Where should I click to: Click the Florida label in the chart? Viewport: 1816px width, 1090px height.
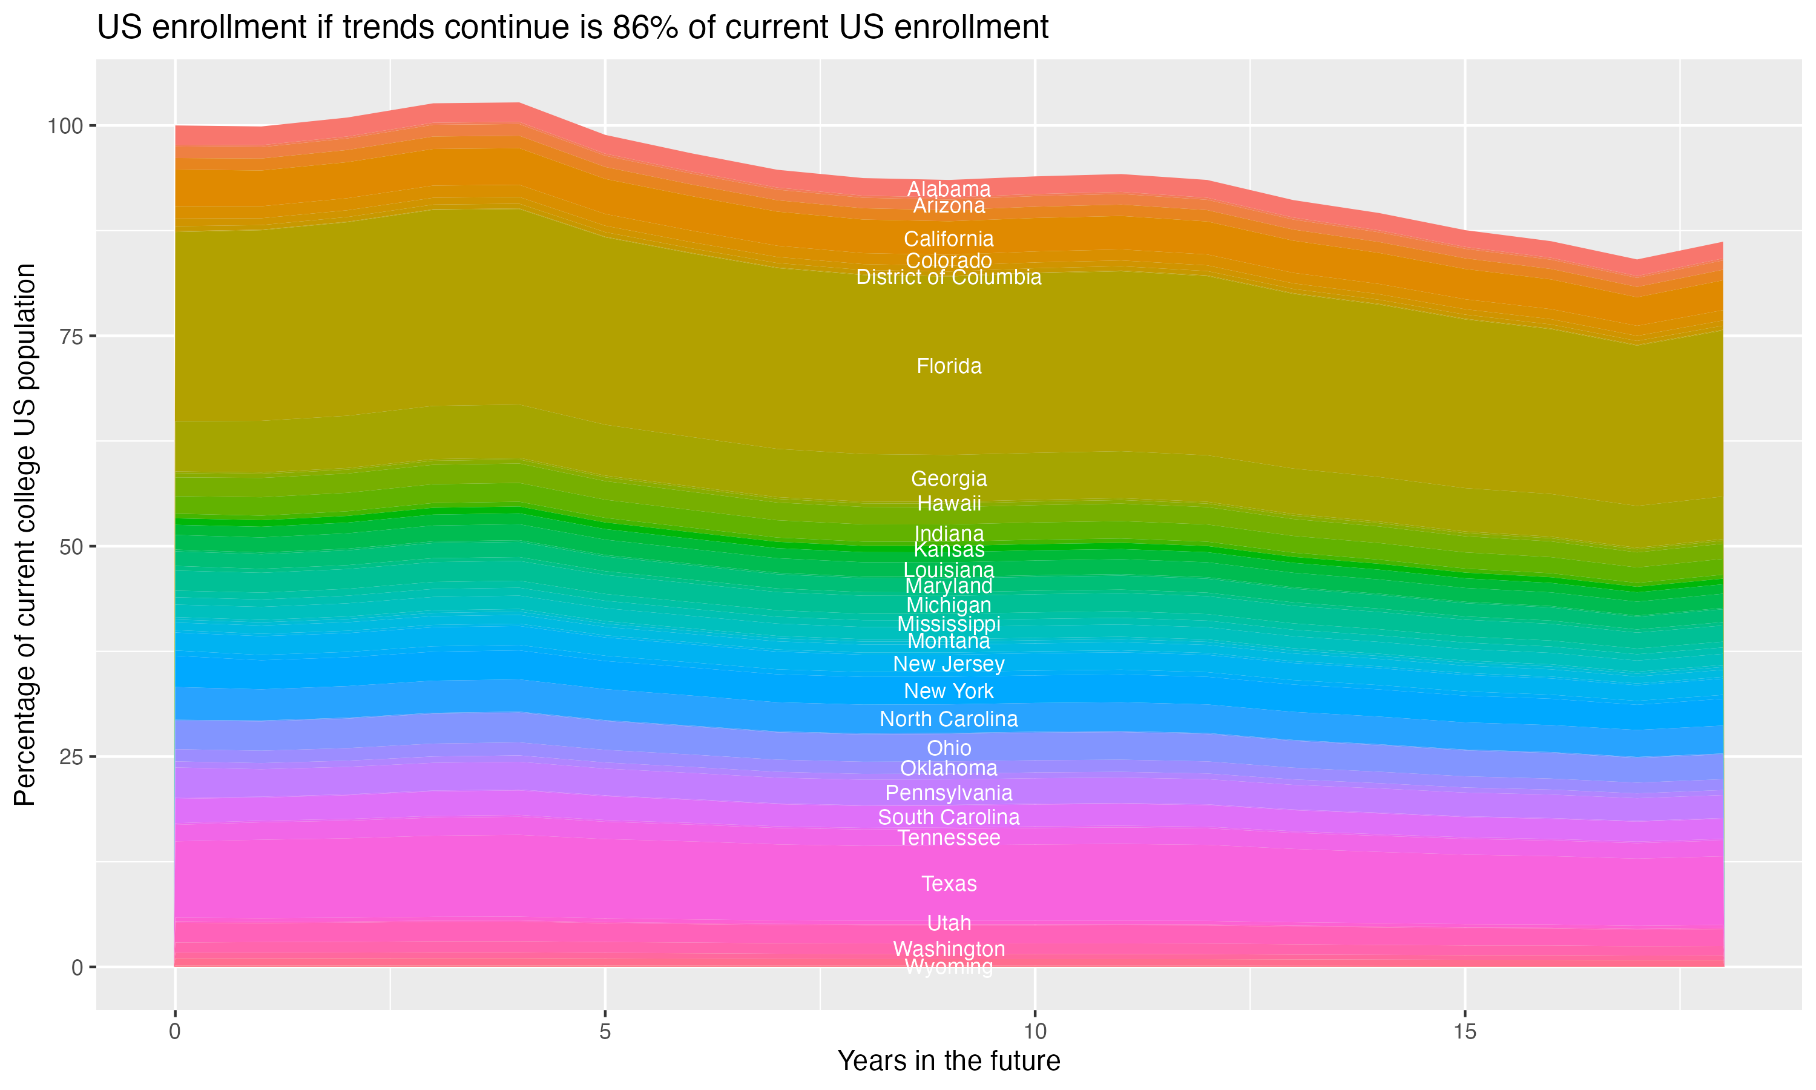(949, 366)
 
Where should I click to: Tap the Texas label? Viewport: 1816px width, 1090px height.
(949, 884)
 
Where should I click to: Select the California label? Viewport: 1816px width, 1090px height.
(949, 239)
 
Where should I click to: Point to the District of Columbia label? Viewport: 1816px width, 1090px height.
(949, 277)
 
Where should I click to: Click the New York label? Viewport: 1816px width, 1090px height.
(949, 691)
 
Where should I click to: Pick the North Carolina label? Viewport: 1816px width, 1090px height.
(949, 719)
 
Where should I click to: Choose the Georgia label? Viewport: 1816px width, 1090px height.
(949, 479)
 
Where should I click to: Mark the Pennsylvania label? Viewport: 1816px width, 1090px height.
(949, 793)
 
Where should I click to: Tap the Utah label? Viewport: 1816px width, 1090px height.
(949, 923)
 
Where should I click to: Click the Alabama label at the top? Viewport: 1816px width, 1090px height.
(949, 189)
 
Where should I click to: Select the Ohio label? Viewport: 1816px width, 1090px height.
(949, 748)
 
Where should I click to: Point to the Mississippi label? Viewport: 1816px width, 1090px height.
(949, 624)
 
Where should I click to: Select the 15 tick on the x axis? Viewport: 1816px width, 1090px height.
(1464, 1032)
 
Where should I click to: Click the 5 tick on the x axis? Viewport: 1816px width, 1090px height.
(605, 1032)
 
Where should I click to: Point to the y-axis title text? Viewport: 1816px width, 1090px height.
(25, 535)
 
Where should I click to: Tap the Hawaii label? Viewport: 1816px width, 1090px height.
(949, 504)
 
